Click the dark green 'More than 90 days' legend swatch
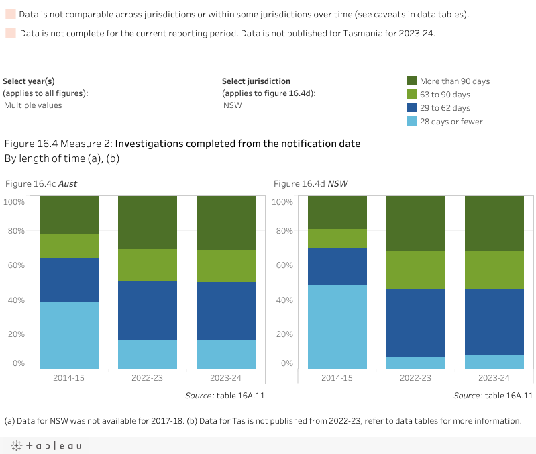(413, 81)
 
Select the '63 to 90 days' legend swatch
(413, 94)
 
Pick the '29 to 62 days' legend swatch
(413, 107)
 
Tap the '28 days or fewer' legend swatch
(413, 121)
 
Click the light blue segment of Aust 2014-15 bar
(69, 335)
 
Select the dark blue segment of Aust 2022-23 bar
(148, 311)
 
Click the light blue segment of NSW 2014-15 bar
(337, 326)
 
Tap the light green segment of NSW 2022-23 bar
(416, 269)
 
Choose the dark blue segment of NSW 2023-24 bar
(494, 322)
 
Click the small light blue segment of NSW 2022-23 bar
(416, 363)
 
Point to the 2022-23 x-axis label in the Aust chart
(148, 378)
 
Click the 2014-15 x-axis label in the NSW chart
(337, 378)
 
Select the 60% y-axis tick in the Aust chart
(15, 265)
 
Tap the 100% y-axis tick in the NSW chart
(283, 202)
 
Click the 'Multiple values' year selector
(33, 105)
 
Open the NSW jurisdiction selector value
(233, 105)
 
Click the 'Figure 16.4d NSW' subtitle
(311, 183)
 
